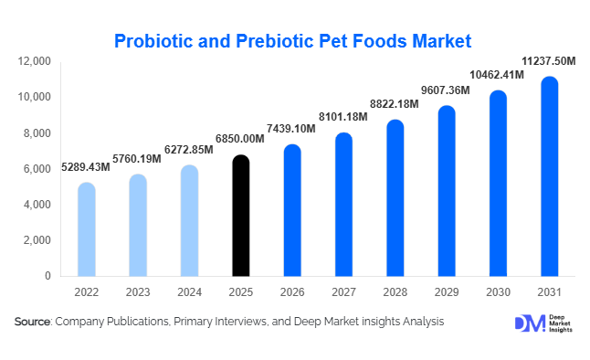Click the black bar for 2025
239,216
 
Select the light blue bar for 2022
86,229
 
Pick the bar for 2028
395,198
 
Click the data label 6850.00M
239,138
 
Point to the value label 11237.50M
549,60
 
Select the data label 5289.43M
86,166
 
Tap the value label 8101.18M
342,116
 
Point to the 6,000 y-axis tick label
37,169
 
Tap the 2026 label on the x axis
291,292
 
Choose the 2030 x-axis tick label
498,292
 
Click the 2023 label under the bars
137,292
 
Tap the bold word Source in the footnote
33,322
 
